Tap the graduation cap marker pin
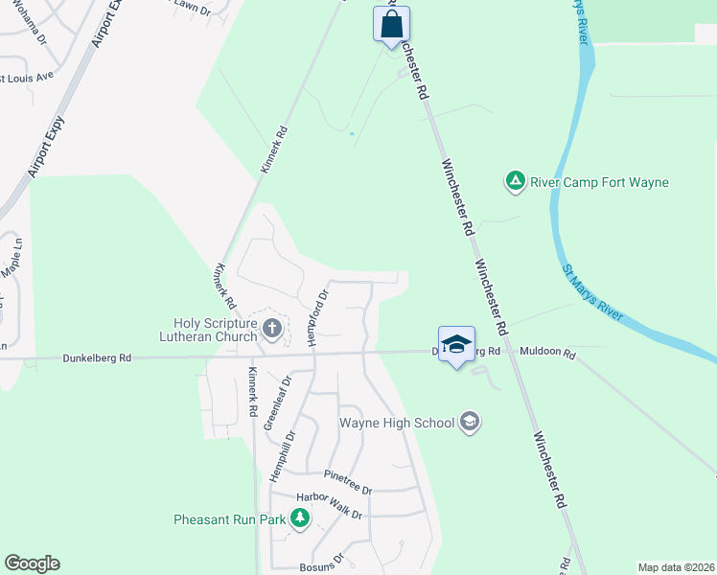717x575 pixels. click(456, 345)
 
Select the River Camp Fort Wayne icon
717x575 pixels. click(516, 181)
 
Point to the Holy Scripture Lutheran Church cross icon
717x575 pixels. click(272, 330)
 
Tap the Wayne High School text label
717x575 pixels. click(397, 422)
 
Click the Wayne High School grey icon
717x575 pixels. click(470, 422)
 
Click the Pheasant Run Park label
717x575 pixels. click(230, 519)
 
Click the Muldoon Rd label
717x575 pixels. click(547, 353)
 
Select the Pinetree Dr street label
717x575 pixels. click(347, 480)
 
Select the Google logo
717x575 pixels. click(32, 563)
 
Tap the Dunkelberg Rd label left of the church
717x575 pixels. click(97, 358)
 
